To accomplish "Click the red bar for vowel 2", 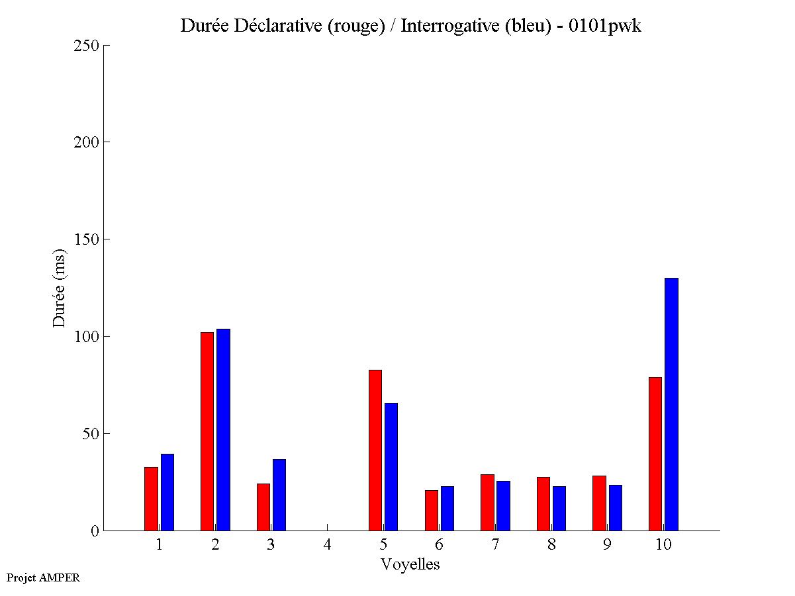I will point(207,431).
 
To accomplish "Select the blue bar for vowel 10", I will point(671,404).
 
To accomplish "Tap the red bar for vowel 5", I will point(375,450).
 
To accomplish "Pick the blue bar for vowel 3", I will point(279,495).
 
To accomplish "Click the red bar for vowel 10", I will point(655,454).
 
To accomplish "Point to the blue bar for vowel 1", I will point(167,492).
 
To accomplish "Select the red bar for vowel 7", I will point(487,502).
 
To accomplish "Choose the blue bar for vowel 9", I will point(616,507).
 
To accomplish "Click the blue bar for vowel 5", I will point(391,466).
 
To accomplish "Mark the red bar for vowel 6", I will point(432,510).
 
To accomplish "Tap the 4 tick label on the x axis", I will point(327,544).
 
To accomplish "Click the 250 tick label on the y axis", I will point(87,46).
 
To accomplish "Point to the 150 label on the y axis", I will point(87,239).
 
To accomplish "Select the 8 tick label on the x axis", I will point(551,544).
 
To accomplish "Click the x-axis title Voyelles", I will point(410,564).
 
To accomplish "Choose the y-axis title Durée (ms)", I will point(60,288).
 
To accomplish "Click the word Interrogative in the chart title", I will point(443,26).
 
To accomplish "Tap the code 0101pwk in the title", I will point(604,26).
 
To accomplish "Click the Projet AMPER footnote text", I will point(43,577).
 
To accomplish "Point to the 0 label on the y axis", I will point(95,531).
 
